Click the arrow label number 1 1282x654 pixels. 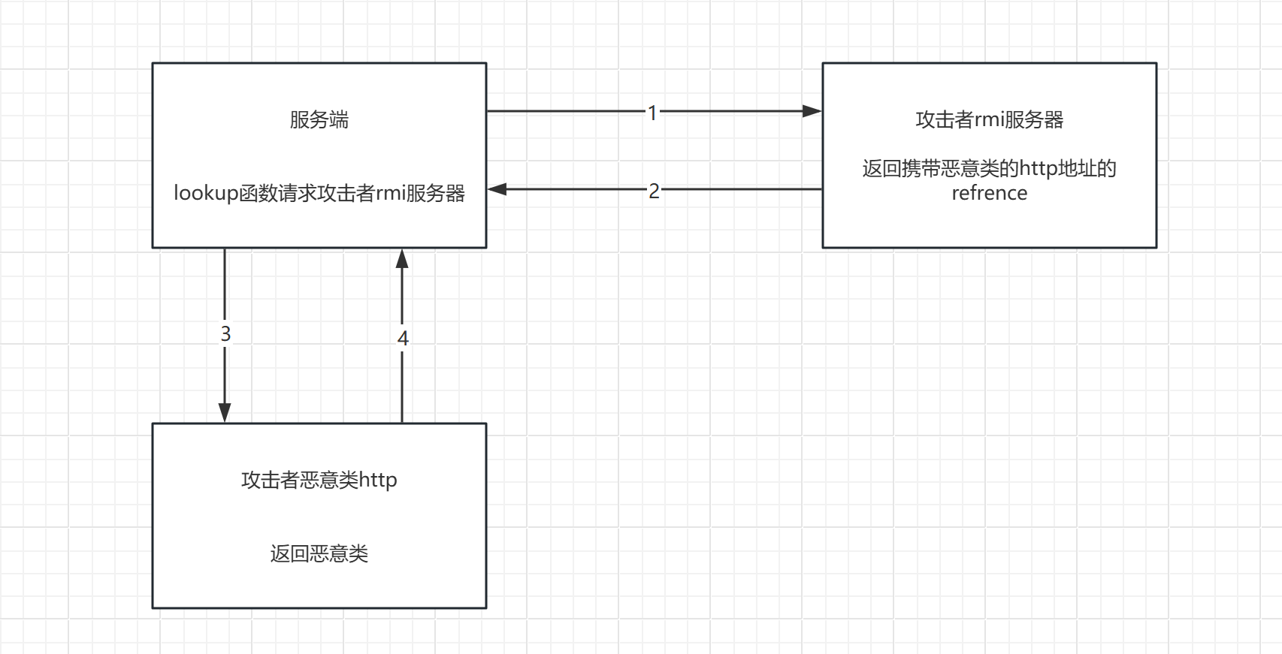652,113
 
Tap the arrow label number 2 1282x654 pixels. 654,191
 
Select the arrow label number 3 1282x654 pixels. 225,333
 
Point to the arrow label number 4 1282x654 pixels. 403,339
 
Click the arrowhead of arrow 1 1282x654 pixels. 812,111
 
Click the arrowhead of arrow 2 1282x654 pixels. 497,189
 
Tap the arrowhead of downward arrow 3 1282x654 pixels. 225,412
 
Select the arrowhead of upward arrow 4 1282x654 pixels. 402,260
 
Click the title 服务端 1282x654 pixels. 319,119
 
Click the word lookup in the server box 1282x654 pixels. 206,193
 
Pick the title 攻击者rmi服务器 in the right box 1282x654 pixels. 989,119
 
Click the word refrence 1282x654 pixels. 989,193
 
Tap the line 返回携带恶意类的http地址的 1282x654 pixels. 989,168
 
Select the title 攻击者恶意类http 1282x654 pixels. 319,480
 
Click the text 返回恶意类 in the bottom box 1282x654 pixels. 319,554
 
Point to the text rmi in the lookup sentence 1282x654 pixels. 391,193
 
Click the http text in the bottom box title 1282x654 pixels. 378,480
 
